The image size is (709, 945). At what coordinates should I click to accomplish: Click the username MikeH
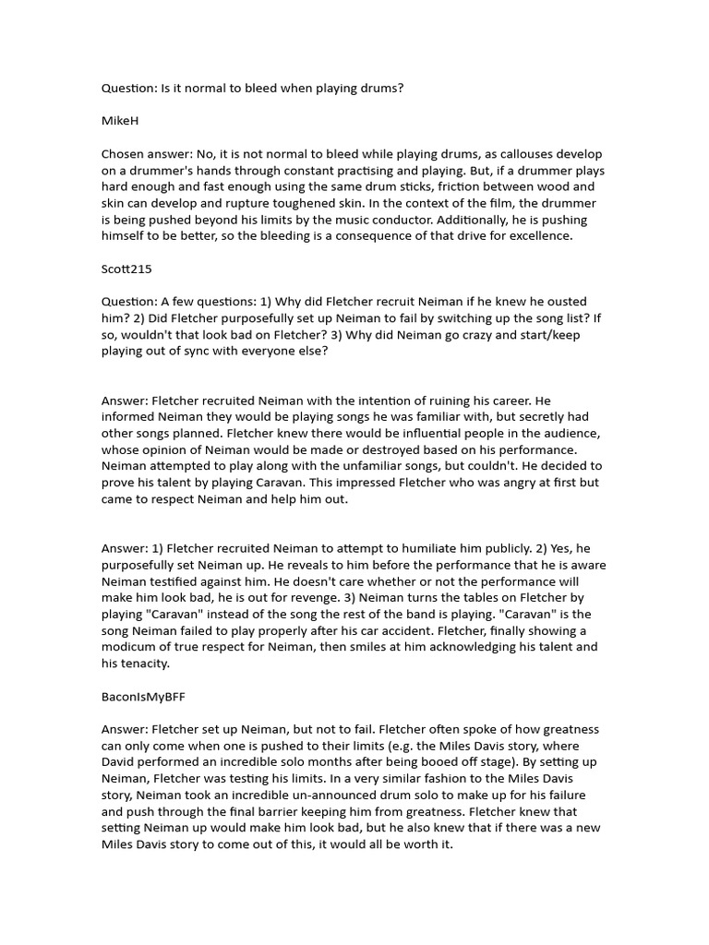(x=119, y=121)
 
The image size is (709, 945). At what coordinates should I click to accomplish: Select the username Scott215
(x=126, y=269)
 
